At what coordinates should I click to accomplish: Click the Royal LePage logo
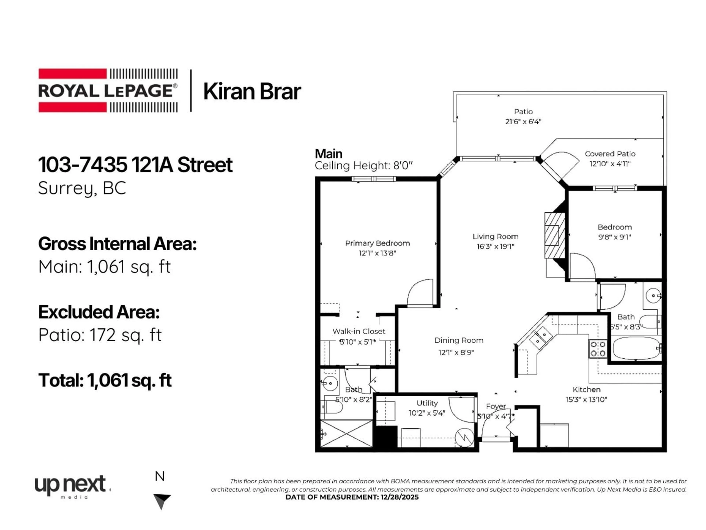click(x=108, y=90)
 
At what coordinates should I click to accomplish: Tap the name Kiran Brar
click(x=252, y=91)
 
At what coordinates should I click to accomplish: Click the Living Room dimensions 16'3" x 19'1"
click(x=495, y=246)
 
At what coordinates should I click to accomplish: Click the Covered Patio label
click(x=610, y=154)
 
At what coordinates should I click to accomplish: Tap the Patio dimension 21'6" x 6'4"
click(x=523, y=121)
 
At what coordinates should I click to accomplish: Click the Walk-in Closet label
click(x=359, y=331)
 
